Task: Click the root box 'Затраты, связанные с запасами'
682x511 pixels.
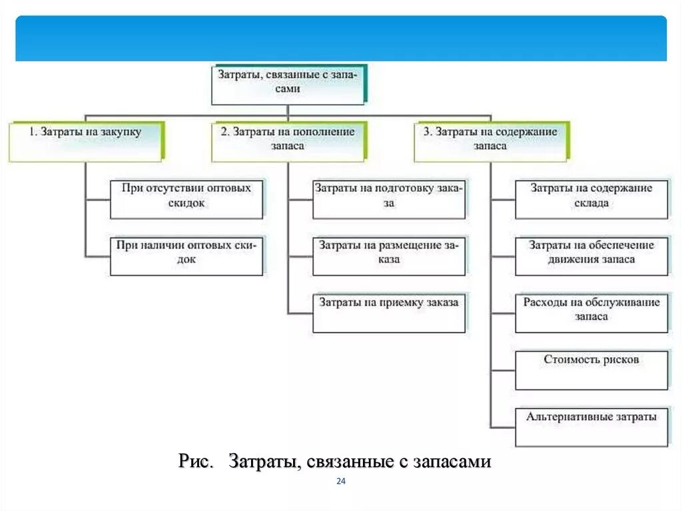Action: coord(288,84)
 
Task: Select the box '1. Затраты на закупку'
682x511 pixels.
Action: coord(85,141)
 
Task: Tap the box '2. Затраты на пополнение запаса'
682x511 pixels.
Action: coord(288,141)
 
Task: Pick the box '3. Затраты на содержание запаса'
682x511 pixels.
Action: coord(490,141)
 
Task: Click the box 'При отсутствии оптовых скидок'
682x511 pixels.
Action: coord(186,198)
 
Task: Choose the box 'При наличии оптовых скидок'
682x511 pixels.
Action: coord(186,255)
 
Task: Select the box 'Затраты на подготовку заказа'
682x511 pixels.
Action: coord(389,198)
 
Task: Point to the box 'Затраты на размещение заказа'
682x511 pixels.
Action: coord(389,255)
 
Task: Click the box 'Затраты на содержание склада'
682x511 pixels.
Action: coord(591,198)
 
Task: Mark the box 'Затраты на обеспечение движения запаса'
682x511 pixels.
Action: coord(591,255)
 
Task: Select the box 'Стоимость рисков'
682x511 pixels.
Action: coord(591,369)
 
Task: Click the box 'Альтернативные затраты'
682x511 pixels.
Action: coord(591,426)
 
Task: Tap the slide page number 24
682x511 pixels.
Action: coord(341,482)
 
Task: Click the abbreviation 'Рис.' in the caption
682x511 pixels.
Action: coord(195,462)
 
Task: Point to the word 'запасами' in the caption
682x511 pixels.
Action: coord(452,462)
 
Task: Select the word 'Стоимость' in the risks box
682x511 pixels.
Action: coord(567,360)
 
